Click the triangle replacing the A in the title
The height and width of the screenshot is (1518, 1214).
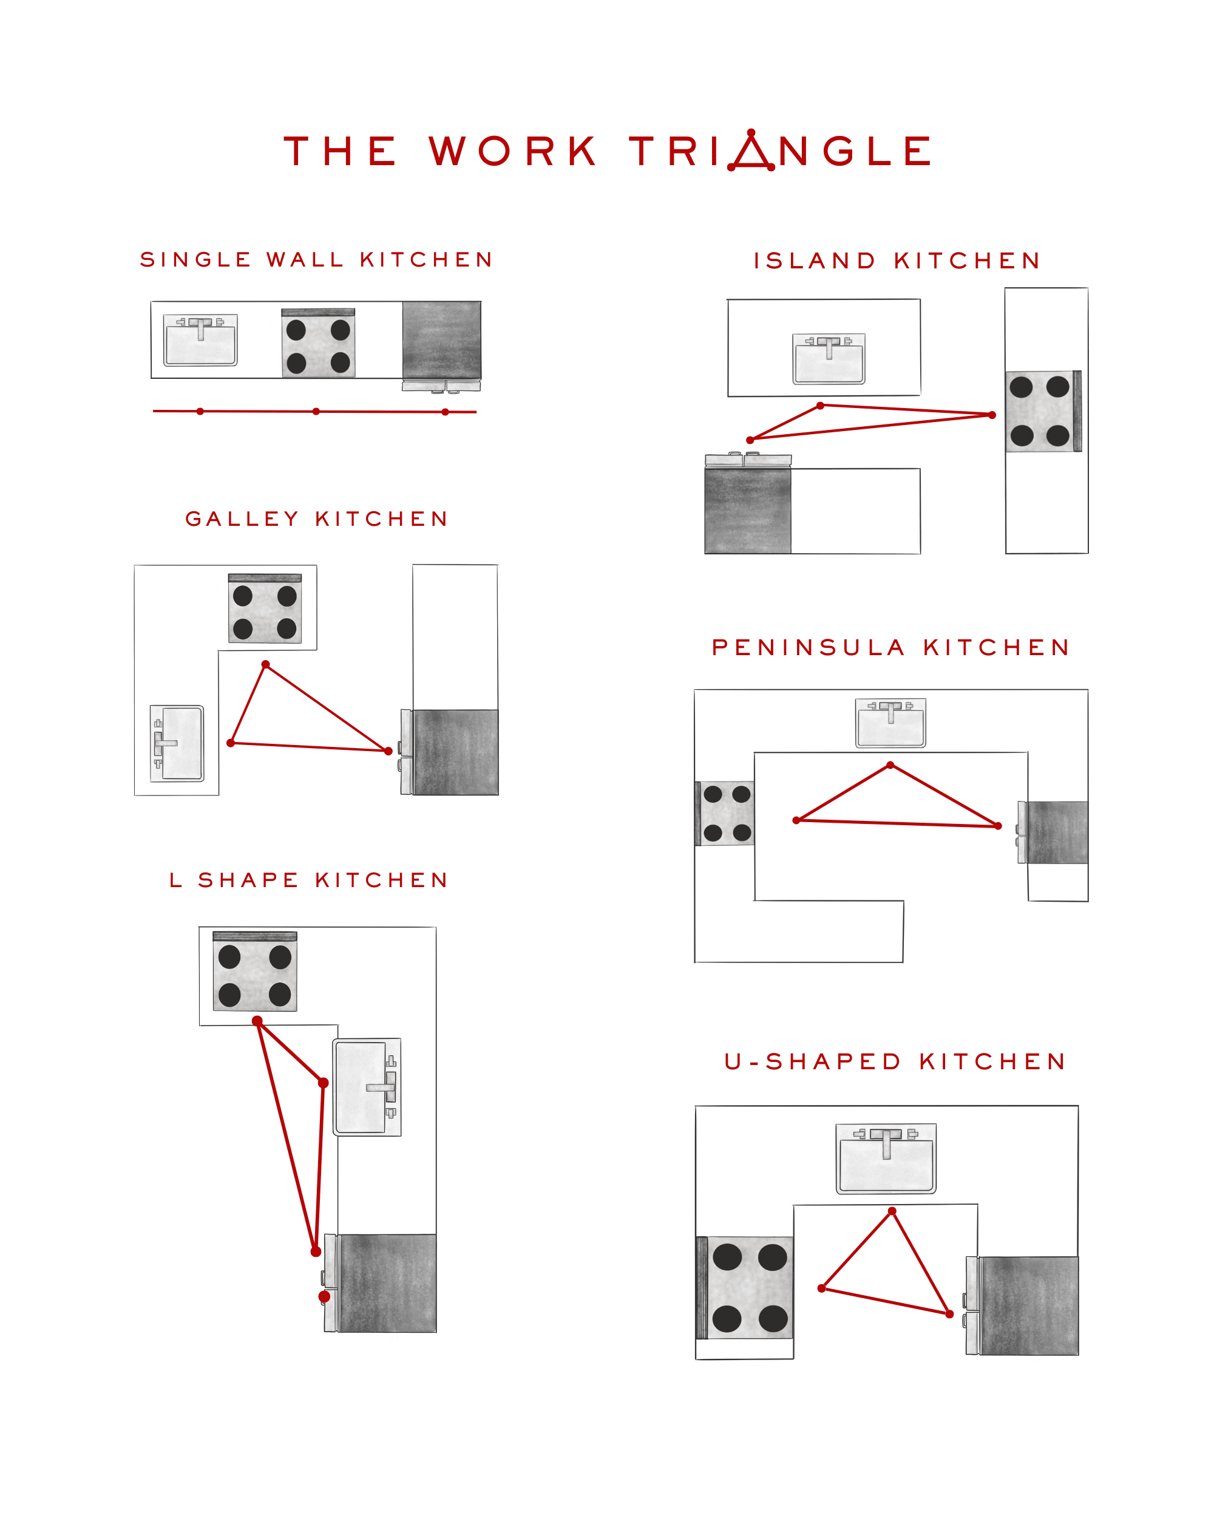[751, 152]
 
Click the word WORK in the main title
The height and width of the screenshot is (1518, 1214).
[512, 151]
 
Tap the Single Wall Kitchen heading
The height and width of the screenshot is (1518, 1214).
[316, 260]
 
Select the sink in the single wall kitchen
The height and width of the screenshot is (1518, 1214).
[200, 341]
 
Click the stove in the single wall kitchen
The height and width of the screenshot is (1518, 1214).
[318, 343]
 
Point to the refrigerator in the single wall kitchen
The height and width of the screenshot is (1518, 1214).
[441, 341]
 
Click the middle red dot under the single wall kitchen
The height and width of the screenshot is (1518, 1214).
[316, 411]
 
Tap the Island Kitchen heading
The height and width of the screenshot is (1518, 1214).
[897, 261]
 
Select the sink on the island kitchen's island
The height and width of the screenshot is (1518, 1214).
[829, 359]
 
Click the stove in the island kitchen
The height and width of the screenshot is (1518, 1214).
[1042, 411]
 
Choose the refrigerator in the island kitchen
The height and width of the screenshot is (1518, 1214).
[747, 511]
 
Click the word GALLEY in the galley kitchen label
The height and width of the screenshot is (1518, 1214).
[242, 520]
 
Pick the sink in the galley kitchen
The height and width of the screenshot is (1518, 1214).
[177, 743]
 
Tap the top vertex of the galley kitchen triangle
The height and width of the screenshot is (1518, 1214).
[265, 664]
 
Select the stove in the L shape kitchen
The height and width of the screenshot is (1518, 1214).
[255, 972]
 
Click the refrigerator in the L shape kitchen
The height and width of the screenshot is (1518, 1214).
[385, 1283]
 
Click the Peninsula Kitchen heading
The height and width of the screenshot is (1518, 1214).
[890, 648]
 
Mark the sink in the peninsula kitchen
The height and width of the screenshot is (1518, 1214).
[890, 723]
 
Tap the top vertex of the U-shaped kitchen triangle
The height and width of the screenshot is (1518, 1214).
[892, 1211]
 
